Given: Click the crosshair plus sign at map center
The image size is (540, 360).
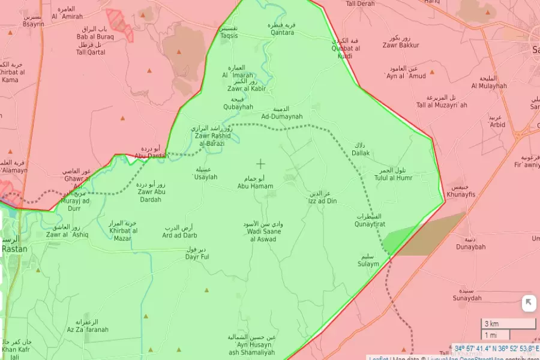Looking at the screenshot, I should [x=260, y=163].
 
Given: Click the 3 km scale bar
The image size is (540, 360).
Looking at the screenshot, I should [x=508, y=324].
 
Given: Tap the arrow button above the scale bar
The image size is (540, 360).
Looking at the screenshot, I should [x=528, y=303].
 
